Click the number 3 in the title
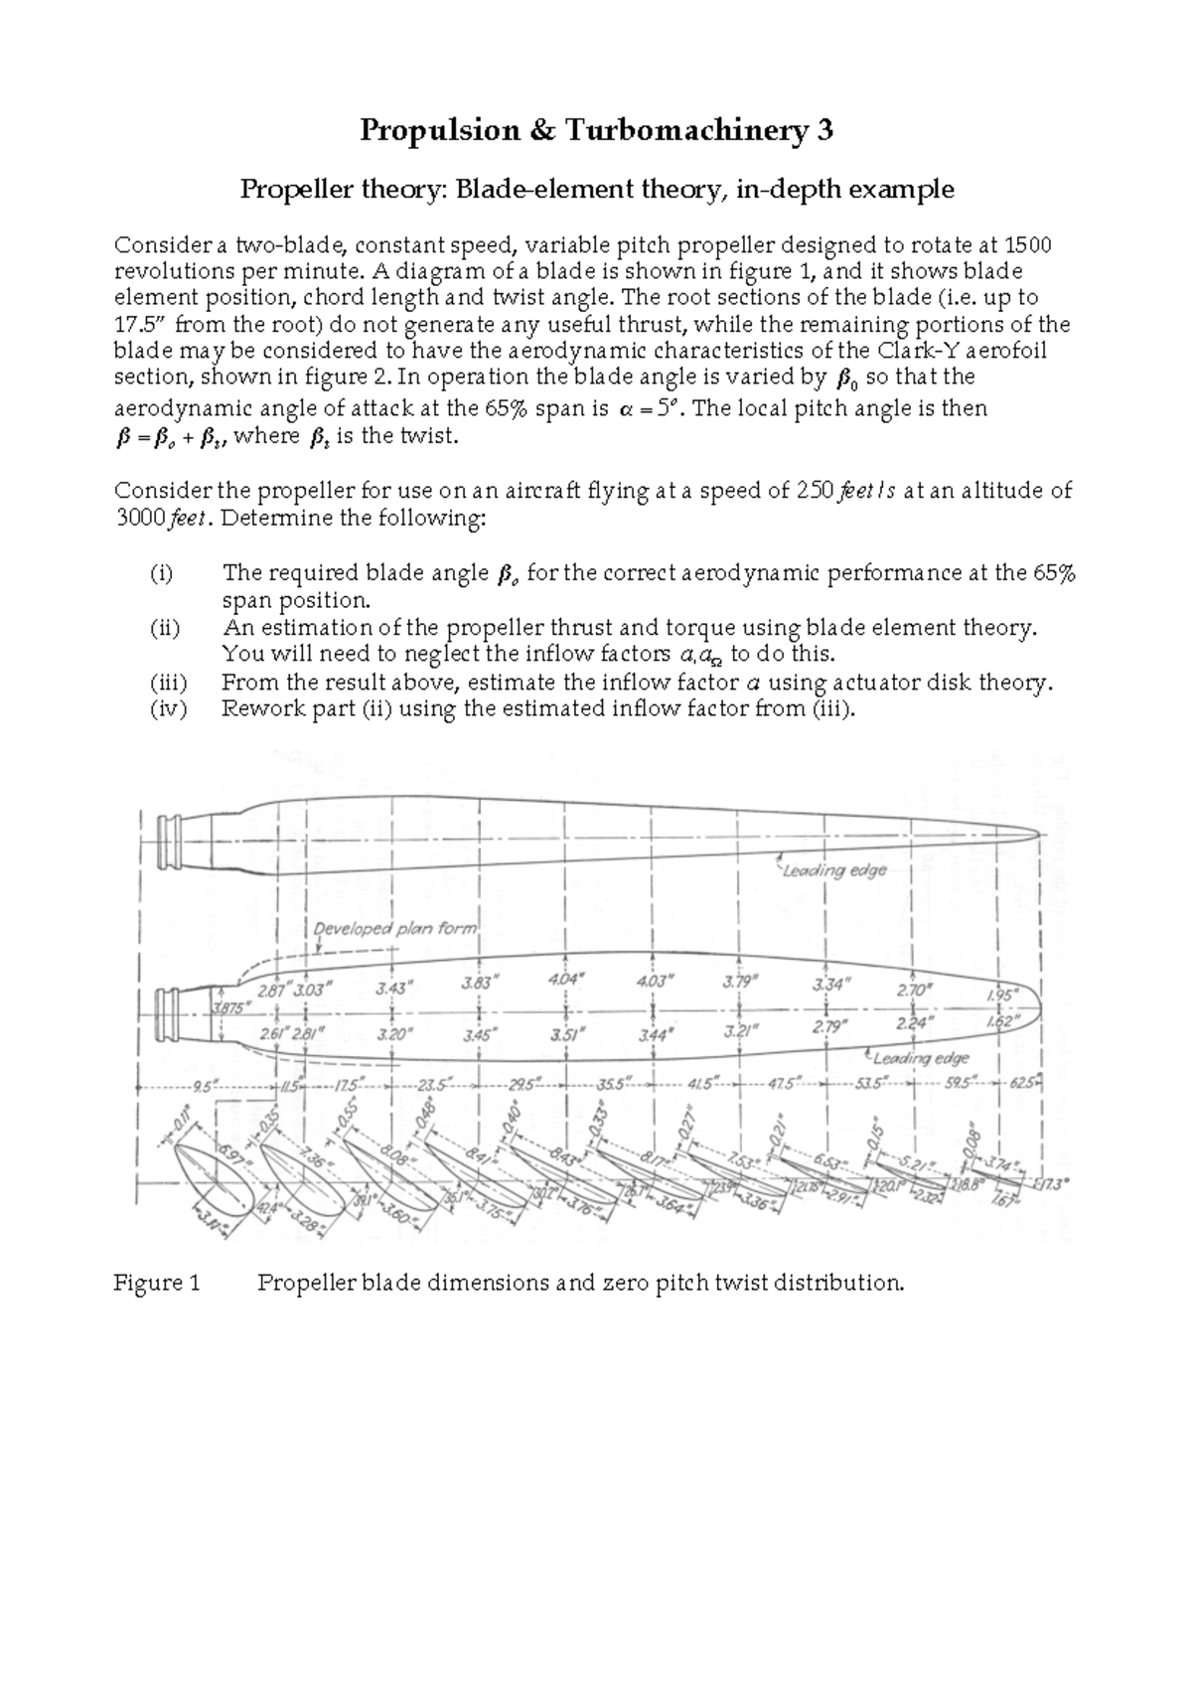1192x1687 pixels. click(x=823, y=130)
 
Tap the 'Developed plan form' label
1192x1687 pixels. click(x=395, y=929)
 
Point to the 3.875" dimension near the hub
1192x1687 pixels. click(x=231, y=1007)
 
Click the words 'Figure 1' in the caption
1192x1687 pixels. click(x=157, y=1283)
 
